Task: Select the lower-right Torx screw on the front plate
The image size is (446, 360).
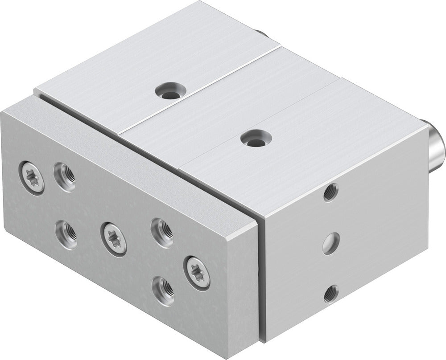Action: click(x=197, y=273)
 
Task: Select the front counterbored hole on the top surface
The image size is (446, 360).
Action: click(x=254, y=138)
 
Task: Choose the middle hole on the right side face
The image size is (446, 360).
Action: click(x=330, y=243)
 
